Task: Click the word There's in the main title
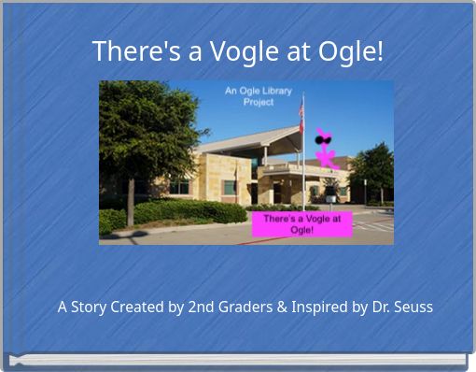(x=132, y=51)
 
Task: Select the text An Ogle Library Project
(x=258, y=96)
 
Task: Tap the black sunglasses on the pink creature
(x=324, y=141)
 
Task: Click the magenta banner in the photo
(x=301, y=223)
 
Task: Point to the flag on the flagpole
(x=301, y=110)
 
